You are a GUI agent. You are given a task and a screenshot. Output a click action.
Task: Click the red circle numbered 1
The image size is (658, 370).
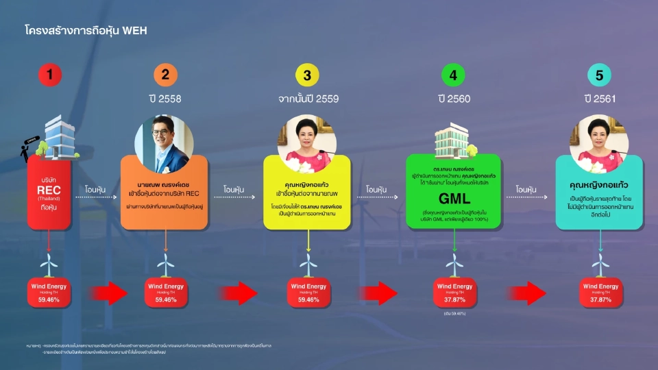coord(50,75)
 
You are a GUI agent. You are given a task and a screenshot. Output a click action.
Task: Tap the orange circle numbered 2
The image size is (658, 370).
coord(164,75)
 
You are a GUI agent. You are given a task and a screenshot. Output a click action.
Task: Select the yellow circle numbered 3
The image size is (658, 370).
coord(308,75)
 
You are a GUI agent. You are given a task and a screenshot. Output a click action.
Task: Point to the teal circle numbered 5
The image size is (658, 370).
coord(600,75)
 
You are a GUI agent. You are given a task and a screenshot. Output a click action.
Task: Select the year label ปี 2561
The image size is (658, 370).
coord(600,99)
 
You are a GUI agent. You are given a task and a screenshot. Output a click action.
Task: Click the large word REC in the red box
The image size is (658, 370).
coord(50,190)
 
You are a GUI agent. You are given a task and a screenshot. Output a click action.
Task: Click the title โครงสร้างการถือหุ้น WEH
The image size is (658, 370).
coord(86,31)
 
